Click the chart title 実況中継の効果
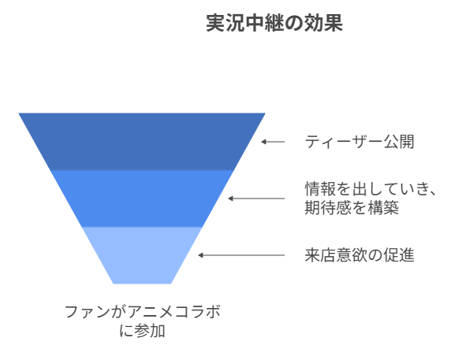[x=274, y=23]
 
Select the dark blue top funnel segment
[x=142, y=142]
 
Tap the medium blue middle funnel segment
[x=142, y=199]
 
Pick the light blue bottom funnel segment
[x=142, y=255]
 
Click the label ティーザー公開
[x=360, y=142]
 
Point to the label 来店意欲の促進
[x=360, y=255]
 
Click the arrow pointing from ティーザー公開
[x=273, y=142]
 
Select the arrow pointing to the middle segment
[x=256, y=199]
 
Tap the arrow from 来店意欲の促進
[x=241, y=255]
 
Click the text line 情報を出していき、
[x=371, y=189]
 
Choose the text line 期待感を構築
[x=352, y=208]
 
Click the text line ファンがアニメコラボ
[x=143, y=312]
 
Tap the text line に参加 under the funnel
[x=143, y=331]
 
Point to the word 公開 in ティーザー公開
[x=399, y=142]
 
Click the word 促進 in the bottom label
[x=399, y=255]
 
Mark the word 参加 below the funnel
[x=150, y=331]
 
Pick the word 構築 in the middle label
[x=383, y=208]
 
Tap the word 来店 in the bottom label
[x=320, y=255]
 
